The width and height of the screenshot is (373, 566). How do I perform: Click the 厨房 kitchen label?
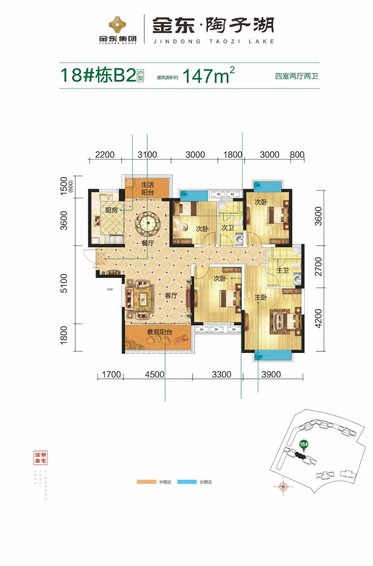coord(111,210)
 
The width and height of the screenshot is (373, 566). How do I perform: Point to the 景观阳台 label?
coord(157,332)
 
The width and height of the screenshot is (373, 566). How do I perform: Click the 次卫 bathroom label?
coord(227,228)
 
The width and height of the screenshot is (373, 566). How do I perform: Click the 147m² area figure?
coord(208,75)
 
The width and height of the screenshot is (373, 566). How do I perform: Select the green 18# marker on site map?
coord(304,445)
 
